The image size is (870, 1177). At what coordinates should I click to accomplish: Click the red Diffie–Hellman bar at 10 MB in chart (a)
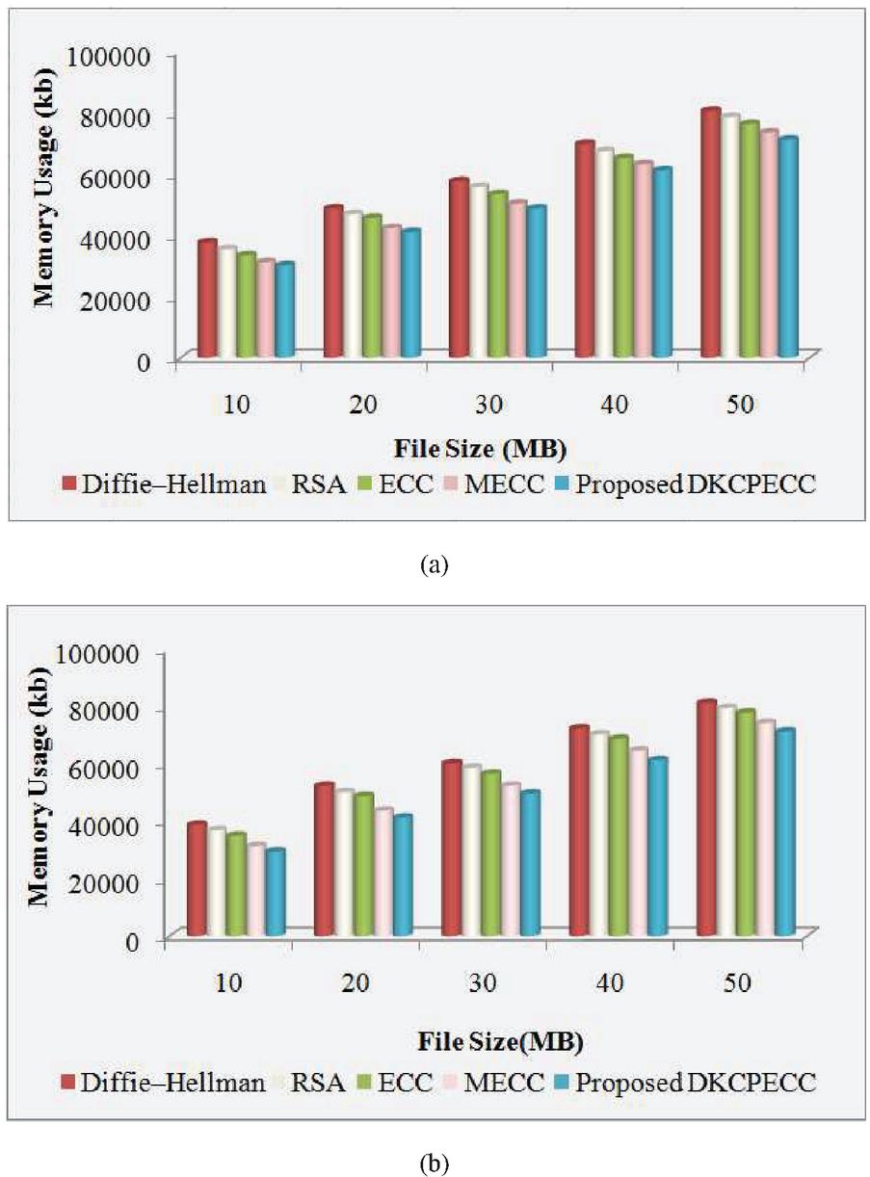point(206,299)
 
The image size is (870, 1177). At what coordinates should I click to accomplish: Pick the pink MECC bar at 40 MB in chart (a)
point(643,260)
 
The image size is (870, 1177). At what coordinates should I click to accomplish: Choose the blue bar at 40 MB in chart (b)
point(658,848)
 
